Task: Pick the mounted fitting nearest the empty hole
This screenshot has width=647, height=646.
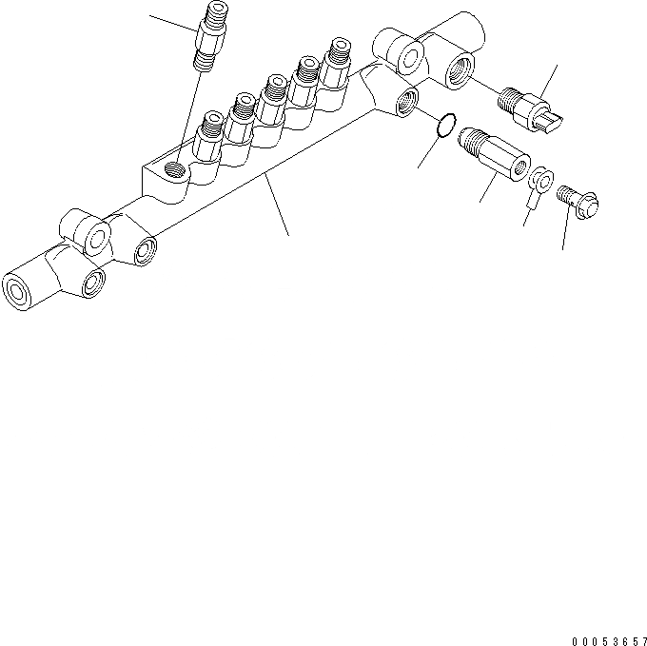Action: [x=209, y=135]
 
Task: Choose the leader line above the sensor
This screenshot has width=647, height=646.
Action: [x=550, y=76]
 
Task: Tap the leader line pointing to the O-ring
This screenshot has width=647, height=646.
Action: [x=426, y=152]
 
